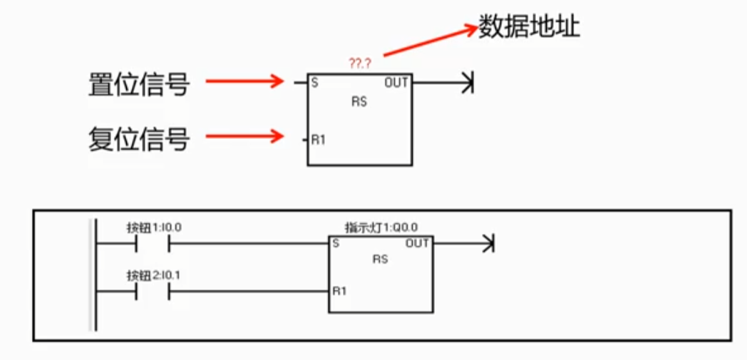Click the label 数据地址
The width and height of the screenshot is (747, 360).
point(530,28)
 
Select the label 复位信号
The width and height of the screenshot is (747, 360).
point(139,139)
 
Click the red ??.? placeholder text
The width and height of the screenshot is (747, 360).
point(359,64)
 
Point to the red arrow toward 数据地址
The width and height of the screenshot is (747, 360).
point(431,42)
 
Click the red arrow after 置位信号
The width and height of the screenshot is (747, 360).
point(245,81)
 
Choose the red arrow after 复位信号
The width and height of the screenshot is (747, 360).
point(245,137)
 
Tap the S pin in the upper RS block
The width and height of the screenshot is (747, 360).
point(315,83)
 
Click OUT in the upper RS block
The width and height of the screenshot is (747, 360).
point(396,83)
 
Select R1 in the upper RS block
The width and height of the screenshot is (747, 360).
point(318,140)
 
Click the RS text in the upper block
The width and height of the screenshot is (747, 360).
point(360,102)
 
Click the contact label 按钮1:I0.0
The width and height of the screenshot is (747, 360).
point(153,228)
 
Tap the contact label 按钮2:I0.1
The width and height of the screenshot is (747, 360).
point(153,275)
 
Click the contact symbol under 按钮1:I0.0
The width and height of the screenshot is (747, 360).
point(153,244)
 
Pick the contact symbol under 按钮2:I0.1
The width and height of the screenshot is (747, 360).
point(153,292)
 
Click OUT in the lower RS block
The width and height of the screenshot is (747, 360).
point(417,244)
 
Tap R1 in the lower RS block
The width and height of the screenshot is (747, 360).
point(339,292)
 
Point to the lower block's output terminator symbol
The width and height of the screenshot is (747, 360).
point(488,244)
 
